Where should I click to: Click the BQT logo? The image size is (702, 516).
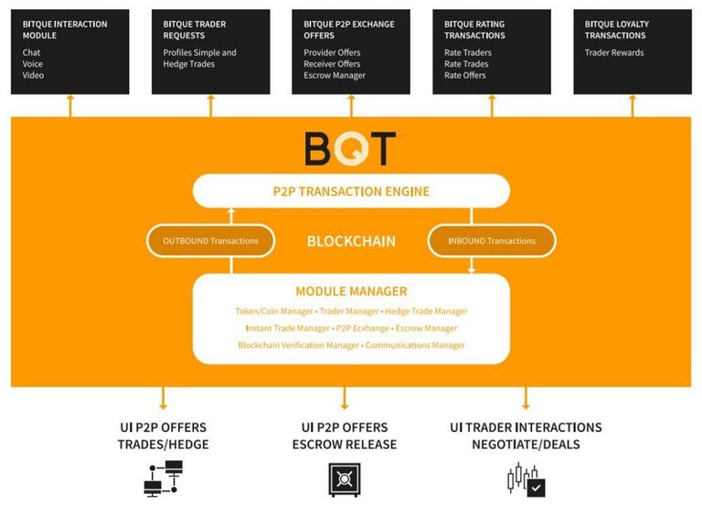click(350, 148)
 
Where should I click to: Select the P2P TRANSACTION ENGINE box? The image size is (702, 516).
click(351, 192)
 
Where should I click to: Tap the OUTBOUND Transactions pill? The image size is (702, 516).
click(210, 241)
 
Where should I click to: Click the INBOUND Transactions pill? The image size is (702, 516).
click(492, 241)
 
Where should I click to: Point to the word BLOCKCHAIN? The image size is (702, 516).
click(351, 242)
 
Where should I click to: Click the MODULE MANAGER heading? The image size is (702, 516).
click(351, 292)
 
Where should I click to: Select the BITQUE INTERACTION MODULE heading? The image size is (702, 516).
click(65, 29)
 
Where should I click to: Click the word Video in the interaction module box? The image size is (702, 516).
click(34, 75)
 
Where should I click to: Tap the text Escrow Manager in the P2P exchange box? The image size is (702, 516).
click(335, 75)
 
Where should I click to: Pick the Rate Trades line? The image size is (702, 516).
click(466, 64)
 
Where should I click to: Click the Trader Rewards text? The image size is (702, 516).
click(614, 53)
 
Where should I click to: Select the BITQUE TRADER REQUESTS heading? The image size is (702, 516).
click(195, 29)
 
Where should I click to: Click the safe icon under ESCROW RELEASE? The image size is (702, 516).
click(345, 479)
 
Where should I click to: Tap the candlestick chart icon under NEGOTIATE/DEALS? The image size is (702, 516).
click(525, 479)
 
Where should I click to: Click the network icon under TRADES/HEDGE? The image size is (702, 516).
click(163, 479)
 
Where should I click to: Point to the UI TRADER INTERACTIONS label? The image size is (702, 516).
click(526, 427)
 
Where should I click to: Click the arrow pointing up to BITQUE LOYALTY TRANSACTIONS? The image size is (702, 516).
click(632, 104)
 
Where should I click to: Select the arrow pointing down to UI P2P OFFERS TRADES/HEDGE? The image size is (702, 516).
click(163, 398)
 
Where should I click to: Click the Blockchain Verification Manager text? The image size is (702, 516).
click(298, 345)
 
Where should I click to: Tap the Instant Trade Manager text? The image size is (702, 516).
click(288, 328)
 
